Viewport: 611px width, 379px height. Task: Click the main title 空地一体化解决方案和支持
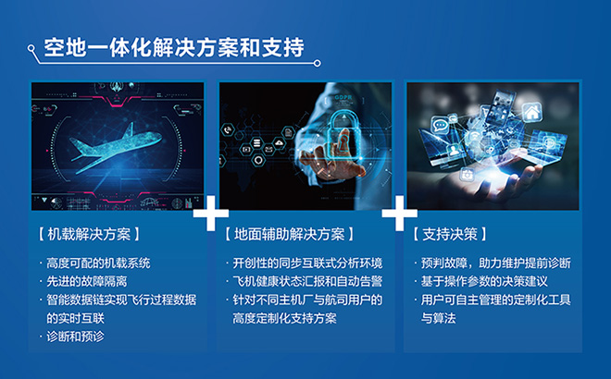[174, 47]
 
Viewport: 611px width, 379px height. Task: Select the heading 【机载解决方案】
[89, 234]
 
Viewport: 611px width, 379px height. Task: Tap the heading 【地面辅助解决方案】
[290, 234]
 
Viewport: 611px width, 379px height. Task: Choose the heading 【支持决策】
[450, 234]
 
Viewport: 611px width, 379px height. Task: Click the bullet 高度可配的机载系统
[98, 263]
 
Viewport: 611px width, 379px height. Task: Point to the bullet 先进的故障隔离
[86, 281]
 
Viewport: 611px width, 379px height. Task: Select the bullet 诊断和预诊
[75, 336]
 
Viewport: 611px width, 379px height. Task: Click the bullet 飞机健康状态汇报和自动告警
[307, 281]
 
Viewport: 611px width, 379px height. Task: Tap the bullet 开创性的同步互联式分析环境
[307, 263]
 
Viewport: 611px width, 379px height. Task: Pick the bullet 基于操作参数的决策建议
[484, 281]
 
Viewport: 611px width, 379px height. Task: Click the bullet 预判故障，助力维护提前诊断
[495, 263]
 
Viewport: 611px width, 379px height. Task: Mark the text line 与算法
[438, 318]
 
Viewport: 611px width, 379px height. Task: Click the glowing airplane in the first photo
[116, 147]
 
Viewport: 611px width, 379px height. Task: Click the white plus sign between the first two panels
[211, 214]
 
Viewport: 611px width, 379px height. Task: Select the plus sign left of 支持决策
[399, 214]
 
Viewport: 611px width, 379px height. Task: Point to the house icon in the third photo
[531, 113]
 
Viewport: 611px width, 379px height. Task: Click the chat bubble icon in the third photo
[441, 126]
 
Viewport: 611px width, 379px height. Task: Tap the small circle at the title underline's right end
[318, 63]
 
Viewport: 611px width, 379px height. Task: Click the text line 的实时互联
[75, 318]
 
